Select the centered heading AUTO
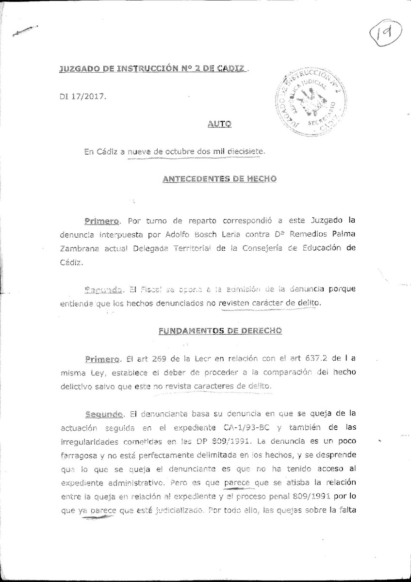click(218, 124)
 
